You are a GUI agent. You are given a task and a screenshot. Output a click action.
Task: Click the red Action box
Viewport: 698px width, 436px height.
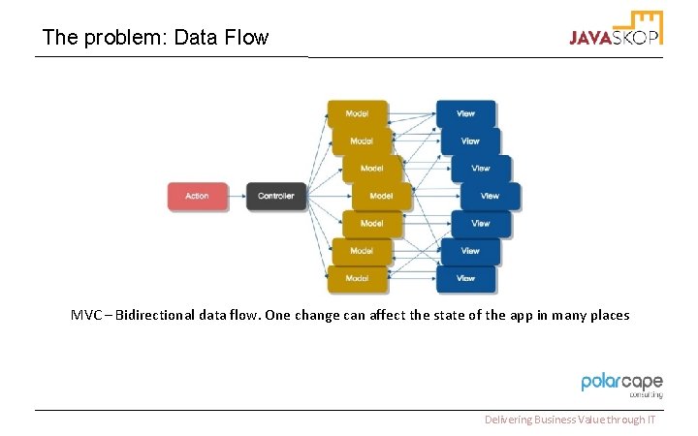click(197, 197)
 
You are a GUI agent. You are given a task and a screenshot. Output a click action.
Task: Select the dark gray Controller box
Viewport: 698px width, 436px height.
click(275, 197)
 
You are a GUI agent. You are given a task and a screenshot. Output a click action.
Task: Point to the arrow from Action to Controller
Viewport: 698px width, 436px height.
click(237, 197)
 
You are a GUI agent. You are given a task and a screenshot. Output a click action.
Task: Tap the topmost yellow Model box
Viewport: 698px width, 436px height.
click(357, 113)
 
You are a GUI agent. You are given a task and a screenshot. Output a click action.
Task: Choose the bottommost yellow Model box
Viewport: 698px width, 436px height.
click(357, 279)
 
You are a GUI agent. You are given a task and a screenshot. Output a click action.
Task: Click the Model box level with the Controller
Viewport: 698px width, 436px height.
click(382, 197)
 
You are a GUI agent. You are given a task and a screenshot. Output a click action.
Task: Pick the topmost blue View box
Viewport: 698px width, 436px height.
click(465, 113)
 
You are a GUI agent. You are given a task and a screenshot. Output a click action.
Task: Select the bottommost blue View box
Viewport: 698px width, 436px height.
click(465, 279)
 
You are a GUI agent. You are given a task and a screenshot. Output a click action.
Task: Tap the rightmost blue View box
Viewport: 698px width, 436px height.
click(490, 197)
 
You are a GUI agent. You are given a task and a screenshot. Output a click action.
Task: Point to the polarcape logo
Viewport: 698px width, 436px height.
click(621, 383)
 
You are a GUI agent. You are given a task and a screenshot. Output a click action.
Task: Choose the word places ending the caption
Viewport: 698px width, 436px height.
click(605, 315)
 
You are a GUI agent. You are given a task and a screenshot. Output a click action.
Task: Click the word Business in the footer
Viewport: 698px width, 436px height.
click(559, 420)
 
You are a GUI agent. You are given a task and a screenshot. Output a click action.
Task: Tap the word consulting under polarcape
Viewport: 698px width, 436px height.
click(645, 395)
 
